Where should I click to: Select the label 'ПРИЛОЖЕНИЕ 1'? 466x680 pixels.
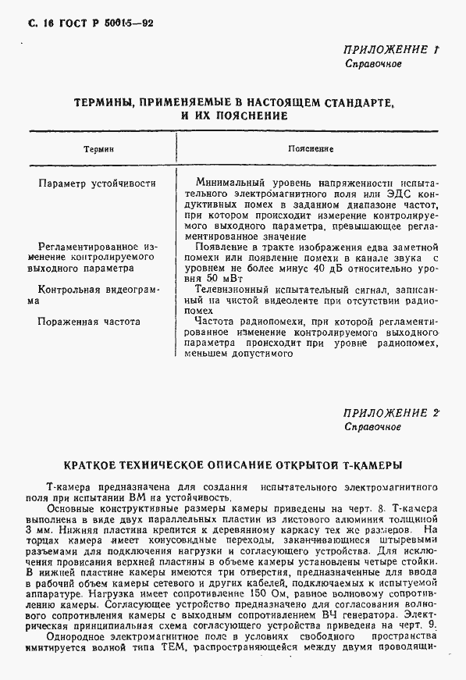[x=390, y=49]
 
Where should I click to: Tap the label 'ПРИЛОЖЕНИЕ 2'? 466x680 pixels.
[x=390, y=413]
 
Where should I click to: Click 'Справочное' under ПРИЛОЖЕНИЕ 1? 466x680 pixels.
[x=373, y=64]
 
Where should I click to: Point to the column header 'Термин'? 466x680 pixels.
[x=99, y=148]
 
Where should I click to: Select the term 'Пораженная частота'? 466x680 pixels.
[x=88, y=320]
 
